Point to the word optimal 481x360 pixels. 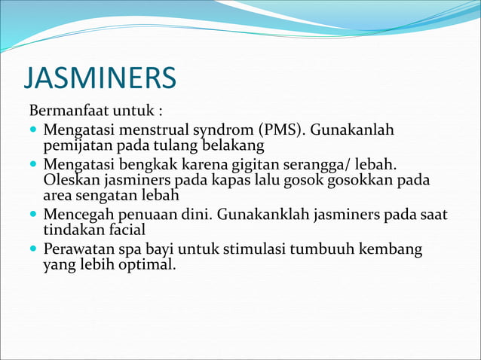coord(149,264)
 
